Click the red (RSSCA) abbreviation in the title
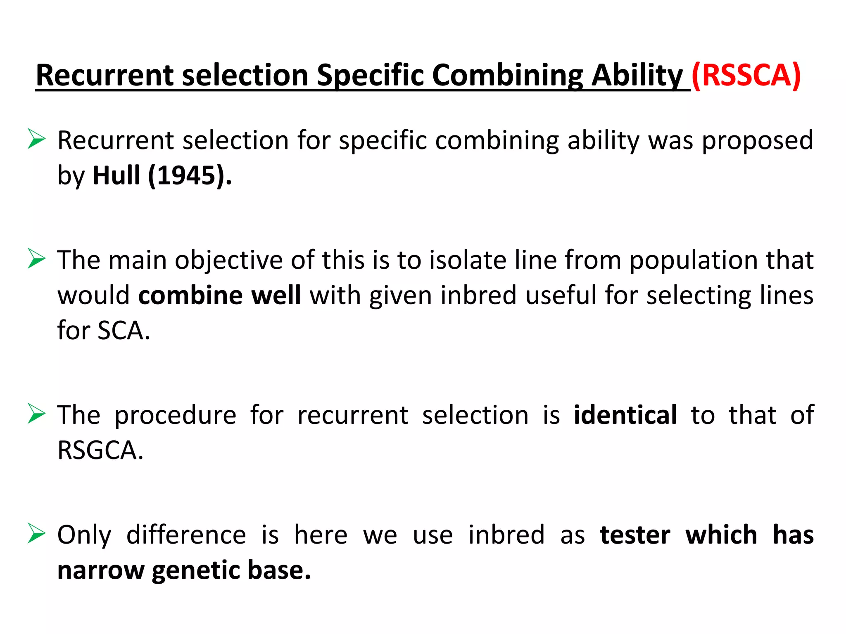[746, 75]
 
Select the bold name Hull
[116, 175]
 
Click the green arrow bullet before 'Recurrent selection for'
[36, 139]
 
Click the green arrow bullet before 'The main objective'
[36, 259]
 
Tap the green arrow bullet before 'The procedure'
[36, 414]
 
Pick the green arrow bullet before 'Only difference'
[36, 533]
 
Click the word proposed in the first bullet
[758, 140]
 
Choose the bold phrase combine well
[219, 296]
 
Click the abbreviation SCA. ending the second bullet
[124, 331]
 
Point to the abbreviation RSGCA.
[100, 450]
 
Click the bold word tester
[635, 535]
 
